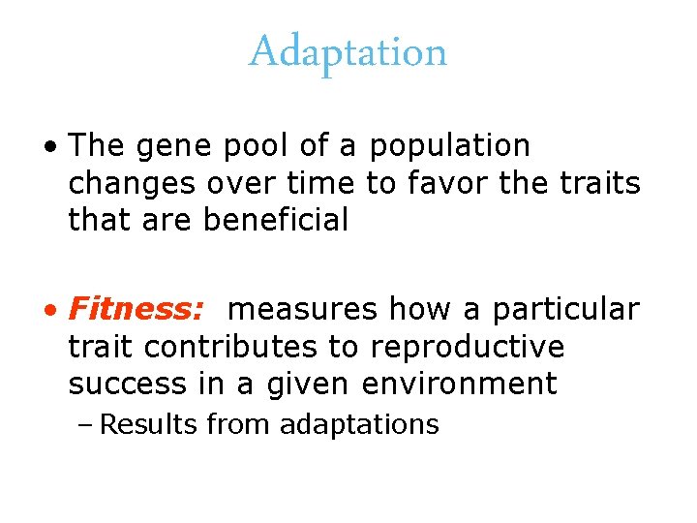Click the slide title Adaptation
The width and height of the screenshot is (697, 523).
(x=348, y=51)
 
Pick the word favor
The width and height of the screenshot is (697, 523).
(x=450, y=183)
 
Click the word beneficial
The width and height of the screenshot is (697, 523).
(x=276, y=221)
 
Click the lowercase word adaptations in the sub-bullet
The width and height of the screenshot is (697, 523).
(x=358, y=425)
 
